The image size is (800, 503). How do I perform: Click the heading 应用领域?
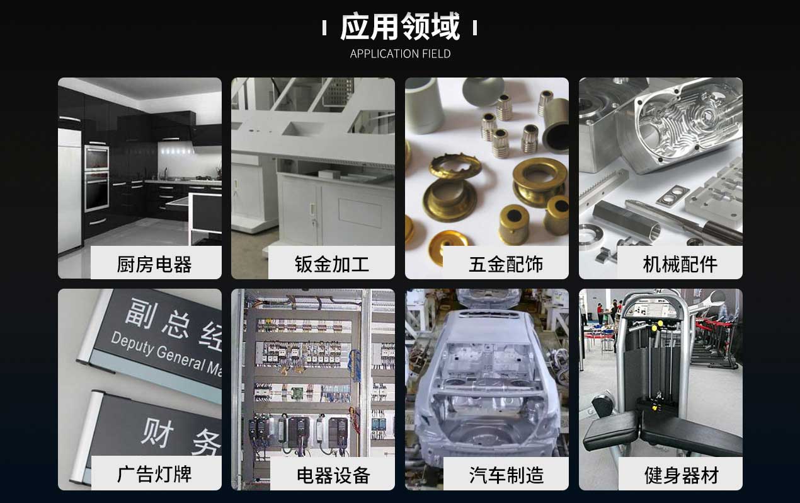[400, 26]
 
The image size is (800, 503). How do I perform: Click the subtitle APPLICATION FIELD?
[400, 54]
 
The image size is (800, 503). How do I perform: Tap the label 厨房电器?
[155, 263]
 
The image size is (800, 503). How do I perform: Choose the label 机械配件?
[680, 263]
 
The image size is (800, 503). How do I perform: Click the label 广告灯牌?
[155, 474]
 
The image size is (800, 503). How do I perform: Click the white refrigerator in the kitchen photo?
[69, 189]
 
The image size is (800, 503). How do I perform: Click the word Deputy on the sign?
[131, 343]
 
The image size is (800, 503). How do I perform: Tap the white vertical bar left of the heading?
[324, 28]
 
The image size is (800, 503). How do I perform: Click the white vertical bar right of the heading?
[474, 28]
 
